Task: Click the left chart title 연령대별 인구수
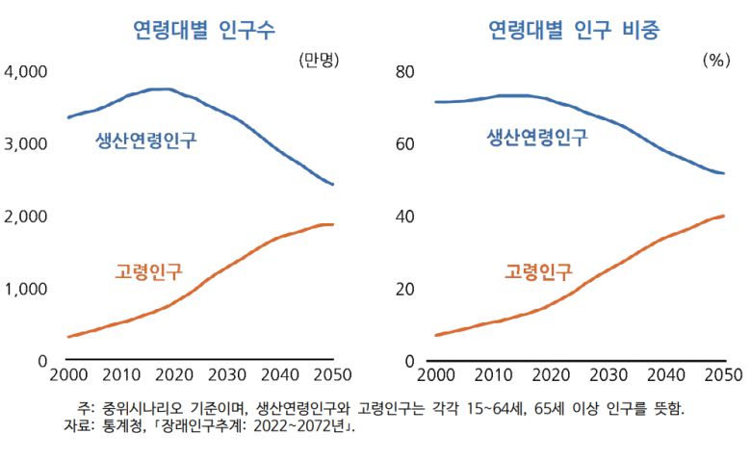click(204, 29)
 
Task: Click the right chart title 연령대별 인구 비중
click(574, 29)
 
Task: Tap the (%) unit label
click(715, 60)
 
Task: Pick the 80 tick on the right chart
click(404, 72)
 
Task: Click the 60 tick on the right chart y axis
click(404, 144)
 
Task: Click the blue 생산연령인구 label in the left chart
click(145, 141)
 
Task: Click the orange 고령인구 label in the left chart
click(148, 271)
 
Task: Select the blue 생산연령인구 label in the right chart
click(536, 137)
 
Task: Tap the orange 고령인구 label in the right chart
click(538, 271)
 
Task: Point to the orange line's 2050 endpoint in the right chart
click(723, 216)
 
